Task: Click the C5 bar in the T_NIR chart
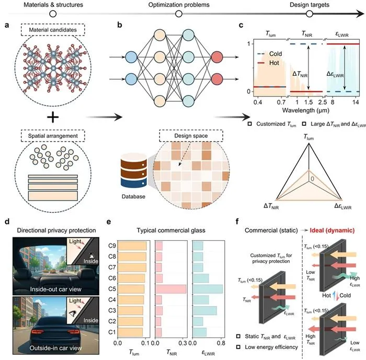(x=170, y=289)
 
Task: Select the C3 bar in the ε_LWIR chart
(x=205, y=310)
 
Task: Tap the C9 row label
(x=112, y=246)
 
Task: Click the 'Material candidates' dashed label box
(x=53, y=30)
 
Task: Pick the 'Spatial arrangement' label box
(x=53, y=136)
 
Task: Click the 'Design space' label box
(x=191, y=136)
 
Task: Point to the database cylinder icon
(x=133, y=170)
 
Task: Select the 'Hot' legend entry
(x=268, y=63)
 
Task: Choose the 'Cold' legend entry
(x=269, y=54)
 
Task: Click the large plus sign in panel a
(x=53, y=117)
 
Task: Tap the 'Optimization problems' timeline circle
(x=179, y=14)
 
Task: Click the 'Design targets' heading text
(x=310, y=5)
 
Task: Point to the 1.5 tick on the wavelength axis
(x=308, y=102)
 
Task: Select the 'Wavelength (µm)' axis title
(x=306, y=110)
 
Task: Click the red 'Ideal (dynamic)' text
(x=332, y=230)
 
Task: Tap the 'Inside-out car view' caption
(x=55, y=289)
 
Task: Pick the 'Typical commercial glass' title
(x=171, y=230)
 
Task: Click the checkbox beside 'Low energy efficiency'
(x=238, y=347)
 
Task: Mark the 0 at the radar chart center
(x=312, y=179)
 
